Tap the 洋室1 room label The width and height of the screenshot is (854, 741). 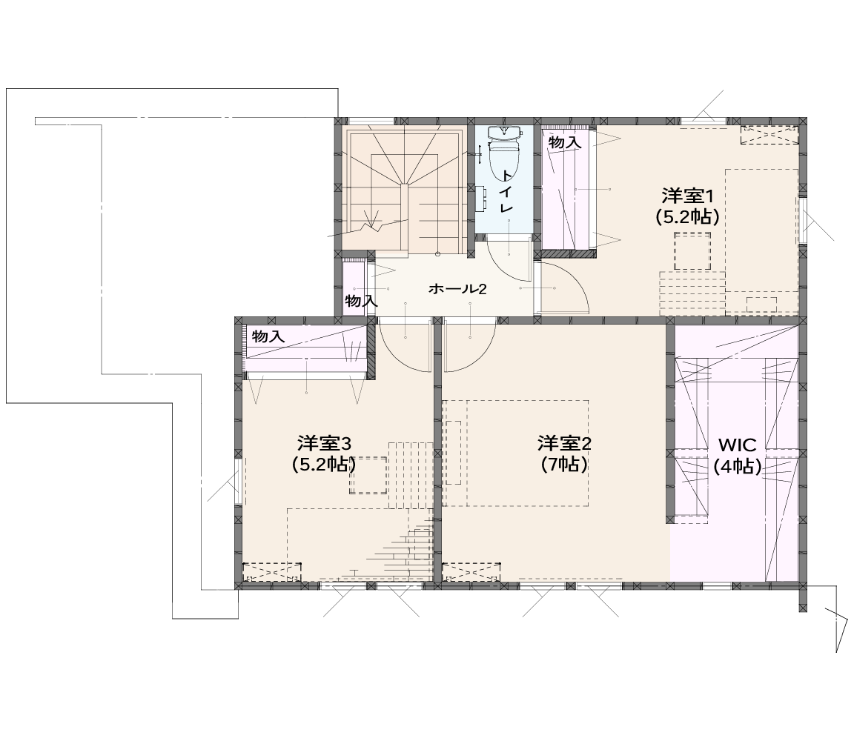(687, 195)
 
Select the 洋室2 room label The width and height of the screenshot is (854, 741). (564, 444)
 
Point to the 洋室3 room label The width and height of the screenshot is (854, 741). (325, 444)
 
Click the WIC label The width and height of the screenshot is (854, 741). (738, 445)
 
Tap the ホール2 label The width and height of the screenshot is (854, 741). (457, 288)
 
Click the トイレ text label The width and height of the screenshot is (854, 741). (507, 191)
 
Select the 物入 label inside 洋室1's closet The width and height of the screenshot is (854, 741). (565, 143)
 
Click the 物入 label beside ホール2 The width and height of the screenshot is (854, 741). (361, 301)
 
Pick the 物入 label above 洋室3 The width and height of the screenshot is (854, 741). (268, 336)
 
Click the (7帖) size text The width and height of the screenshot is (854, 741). (564, 465)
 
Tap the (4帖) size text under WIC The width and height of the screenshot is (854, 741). (738, 466)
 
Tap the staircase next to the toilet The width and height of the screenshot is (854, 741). (406, 190)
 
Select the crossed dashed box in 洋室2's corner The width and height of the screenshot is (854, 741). (471, 571)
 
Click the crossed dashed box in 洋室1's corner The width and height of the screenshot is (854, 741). (769, 134)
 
